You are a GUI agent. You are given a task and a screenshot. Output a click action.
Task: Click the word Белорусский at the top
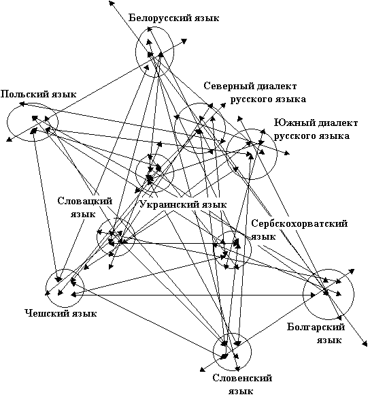(x=161, y=18)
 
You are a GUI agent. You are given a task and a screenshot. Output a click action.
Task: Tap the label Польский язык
(x=38, y=95)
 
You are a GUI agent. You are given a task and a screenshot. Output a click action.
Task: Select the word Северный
(x=226, y=86)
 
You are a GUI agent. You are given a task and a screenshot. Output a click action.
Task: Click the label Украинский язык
(x=183, y=205)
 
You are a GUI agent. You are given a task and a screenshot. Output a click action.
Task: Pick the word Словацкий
(x=85, y=201)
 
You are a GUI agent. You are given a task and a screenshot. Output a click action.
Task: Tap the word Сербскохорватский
(x=299, y=224)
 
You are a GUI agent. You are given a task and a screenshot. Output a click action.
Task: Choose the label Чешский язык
(x=61, y=313)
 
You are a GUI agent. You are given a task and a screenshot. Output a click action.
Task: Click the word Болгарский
(x=316, y=327)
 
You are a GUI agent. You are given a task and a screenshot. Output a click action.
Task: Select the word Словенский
(x=242, y=378)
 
